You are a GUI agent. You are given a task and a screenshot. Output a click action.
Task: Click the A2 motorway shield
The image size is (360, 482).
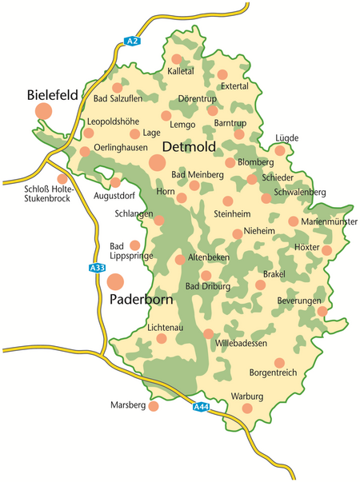click(133, 41)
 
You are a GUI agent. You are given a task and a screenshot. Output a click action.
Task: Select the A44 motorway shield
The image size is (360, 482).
click(202, 407)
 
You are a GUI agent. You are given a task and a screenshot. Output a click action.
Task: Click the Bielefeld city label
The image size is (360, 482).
click(52, 95)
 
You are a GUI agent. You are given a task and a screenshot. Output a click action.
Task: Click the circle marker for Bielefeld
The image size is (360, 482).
click(43, 111)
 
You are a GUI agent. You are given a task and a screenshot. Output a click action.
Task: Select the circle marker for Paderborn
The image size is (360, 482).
click(117, 281)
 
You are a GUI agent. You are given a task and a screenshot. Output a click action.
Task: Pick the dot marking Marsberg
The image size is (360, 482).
click(154, 406)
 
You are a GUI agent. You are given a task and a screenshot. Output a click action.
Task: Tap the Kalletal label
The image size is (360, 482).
click(181, 71)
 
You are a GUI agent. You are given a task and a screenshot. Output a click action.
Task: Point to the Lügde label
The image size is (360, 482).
click(286, 137)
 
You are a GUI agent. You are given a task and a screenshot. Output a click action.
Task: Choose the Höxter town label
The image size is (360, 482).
click(308, 247)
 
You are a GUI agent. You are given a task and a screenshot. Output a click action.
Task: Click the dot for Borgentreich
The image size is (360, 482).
click(278, 362)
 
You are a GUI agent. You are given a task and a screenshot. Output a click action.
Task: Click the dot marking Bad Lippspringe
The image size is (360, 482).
click(135, 245)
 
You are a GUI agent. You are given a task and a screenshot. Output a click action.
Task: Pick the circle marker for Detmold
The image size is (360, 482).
click(157, 163)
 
